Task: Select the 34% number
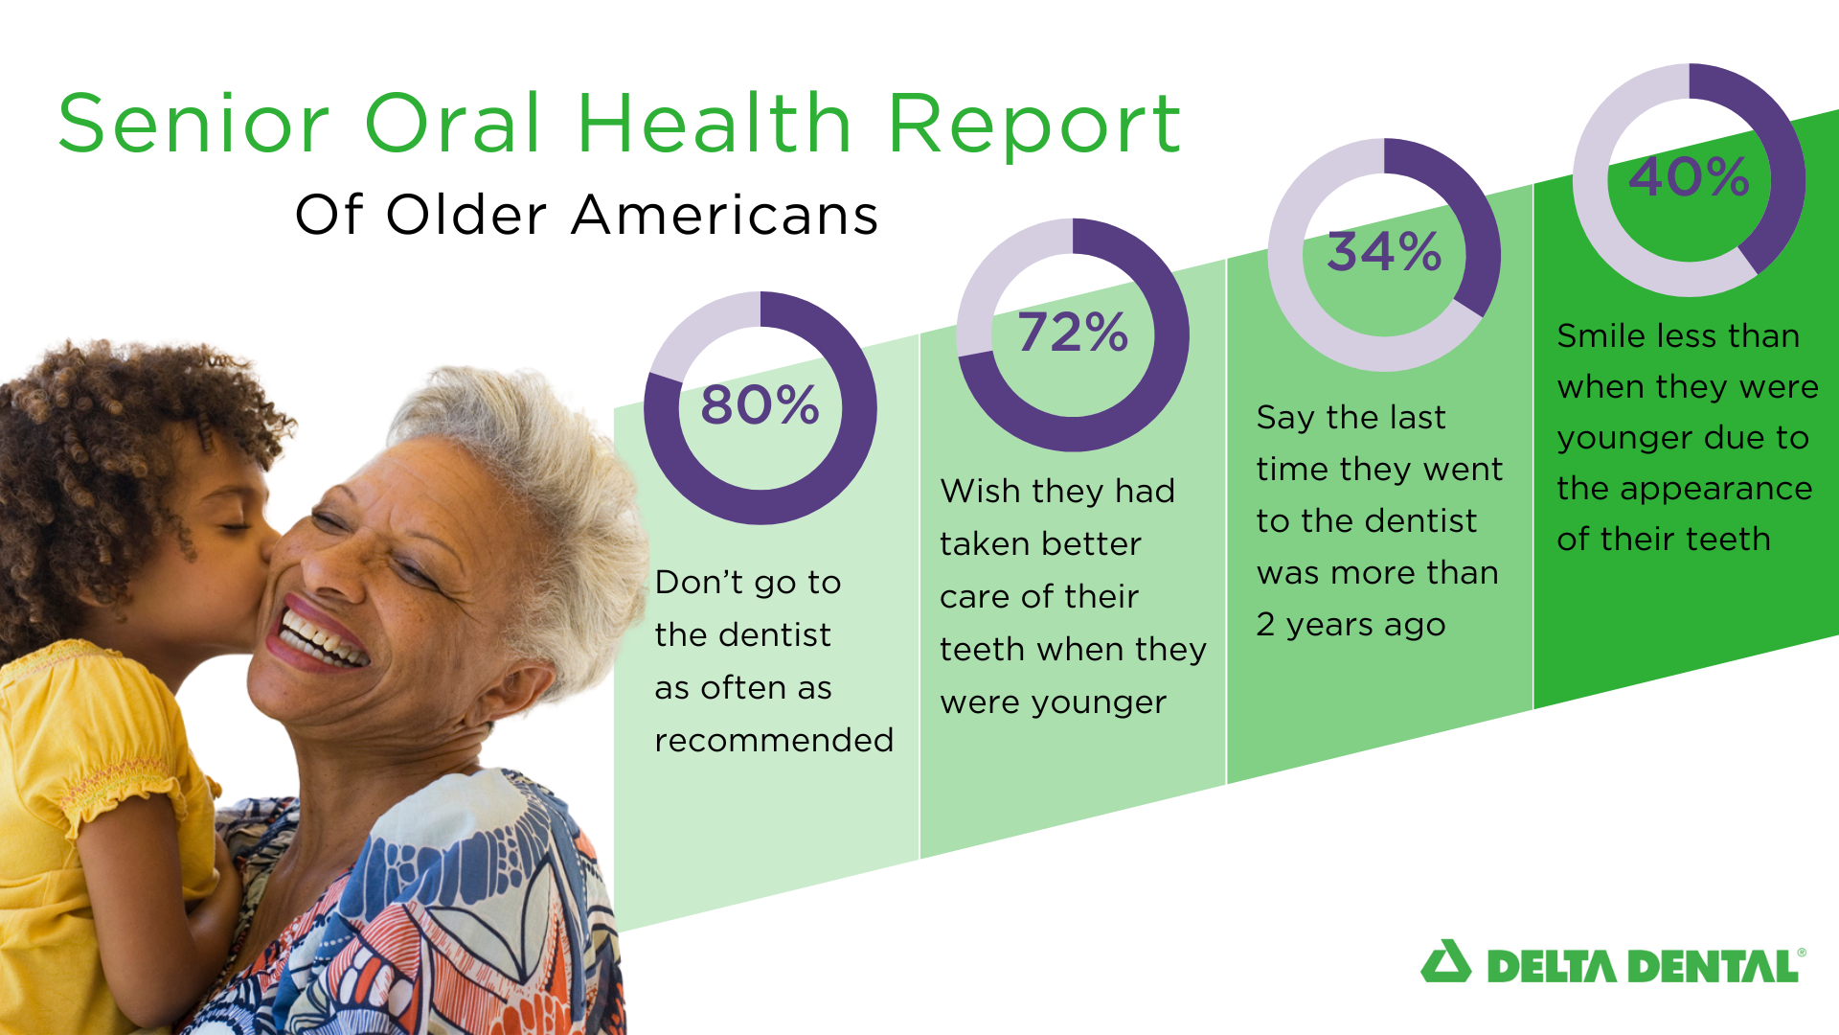click(1384, 251)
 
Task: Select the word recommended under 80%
click(774, 740)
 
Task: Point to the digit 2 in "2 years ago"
click(1265, 624)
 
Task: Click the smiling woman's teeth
click(323, 640)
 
